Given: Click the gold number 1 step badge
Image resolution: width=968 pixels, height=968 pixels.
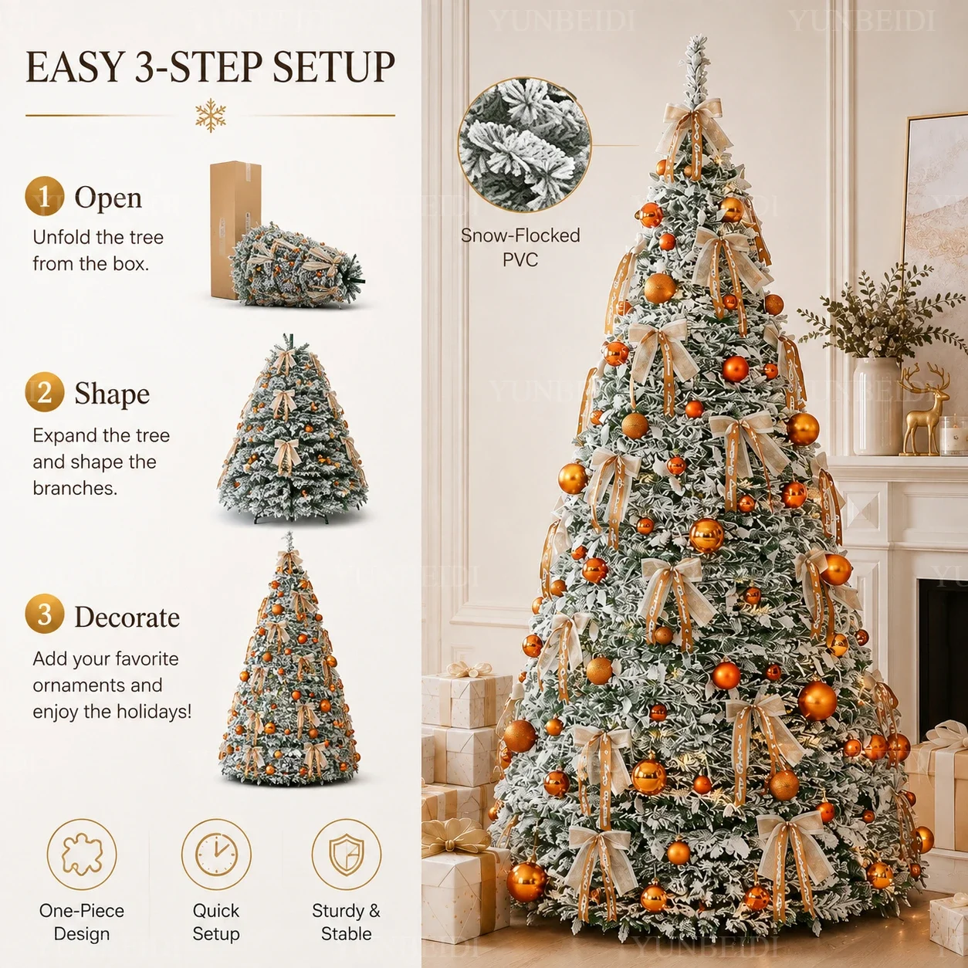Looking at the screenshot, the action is tap(44, 196).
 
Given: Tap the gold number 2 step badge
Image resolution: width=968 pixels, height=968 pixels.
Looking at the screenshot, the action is tap(44, 392).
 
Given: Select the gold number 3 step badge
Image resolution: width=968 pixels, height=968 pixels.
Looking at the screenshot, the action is tap(44, 614).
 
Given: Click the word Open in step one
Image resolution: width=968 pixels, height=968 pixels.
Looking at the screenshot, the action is tap(108, 198).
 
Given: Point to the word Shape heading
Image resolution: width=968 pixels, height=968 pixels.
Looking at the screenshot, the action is tap(112, 394).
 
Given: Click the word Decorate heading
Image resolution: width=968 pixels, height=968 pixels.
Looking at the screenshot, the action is tap(127, 617).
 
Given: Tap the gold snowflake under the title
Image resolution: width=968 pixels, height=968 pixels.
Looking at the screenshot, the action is tap(211, 115).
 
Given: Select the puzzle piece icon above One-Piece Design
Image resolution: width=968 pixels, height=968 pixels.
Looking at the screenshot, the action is tap(82, 854).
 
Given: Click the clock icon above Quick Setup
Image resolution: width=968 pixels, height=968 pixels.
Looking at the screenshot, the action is tap(216, 854).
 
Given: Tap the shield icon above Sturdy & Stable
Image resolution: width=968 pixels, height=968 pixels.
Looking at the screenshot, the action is tap(347, 854).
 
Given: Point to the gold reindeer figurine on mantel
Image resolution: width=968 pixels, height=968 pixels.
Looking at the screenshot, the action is tap(923, 410).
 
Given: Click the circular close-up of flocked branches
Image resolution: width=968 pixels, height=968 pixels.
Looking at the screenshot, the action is tap(524, 144).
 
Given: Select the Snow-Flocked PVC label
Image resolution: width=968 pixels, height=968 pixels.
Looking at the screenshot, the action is tap(520, 248).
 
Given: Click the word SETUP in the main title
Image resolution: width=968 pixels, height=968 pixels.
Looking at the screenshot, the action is tap(334, 67).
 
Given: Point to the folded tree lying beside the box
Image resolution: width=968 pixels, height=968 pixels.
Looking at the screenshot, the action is tap(297, 266).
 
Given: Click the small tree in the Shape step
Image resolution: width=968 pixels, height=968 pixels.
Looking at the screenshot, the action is tap(293, 429).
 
